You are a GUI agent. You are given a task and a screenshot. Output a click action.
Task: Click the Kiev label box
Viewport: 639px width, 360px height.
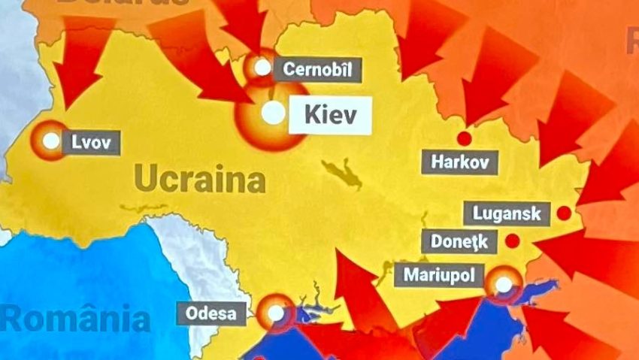[x=330, y=115]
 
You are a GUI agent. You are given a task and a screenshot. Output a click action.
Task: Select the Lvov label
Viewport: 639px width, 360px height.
[x=91, y=141]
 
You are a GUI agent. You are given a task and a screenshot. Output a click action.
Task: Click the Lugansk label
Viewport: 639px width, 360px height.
[x=507, y=213]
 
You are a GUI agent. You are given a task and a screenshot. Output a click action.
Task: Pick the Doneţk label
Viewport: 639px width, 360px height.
[x=459, y=242]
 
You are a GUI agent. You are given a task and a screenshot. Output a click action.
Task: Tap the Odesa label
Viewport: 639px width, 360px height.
[x=211, y=313]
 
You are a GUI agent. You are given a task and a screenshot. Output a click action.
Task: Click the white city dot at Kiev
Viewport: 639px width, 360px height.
[x=274, y=114]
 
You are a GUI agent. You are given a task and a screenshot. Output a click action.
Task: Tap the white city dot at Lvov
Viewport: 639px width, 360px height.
[x=50, y=141]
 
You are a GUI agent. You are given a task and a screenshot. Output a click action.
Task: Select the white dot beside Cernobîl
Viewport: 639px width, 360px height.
[x=262, y=68]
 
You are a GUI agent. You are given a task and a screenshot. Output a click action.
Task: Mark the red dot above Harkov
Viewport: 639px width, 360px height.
[x=464, y=138]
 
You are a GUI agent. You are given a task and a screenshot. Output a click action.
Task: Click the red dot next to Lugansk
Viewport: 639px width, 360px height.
[x=563, y=213]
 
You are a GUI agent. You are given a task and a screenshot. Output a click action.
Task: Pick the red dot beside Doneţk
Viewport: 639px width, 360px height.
[x=511, y=241]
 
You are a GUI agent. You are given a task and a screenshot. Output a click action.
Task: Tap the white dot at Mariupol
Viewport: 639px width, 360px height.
[x=503, y=284]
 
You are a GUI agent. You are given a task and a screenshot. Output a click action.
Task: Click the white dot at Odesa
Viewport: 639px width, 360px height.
[x=276, y=313]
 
